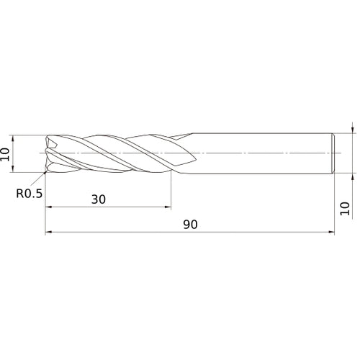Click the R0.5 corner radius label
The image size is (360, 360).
[30, 193]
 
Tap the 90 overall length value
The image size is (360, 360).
[189, 225]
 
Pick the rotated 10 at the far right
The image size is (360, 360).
[344, 208]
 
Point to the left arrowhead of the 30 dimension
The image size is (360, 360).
[49, 207]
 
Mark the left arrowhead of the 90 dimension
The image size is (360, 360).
[49, 233]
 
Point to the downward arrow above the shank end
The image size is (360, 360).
[352, 130]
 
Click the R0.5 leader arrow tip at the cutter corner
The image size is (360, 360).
[45, 173]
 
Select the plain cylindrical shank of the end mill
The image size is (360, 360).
[259, 153]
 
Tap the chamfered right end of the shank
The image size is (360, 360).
[333, 153]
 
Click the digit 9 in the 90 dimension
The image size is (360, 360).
[186, 225]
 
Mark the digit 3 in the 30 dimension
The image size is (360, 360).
[95, 199]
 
